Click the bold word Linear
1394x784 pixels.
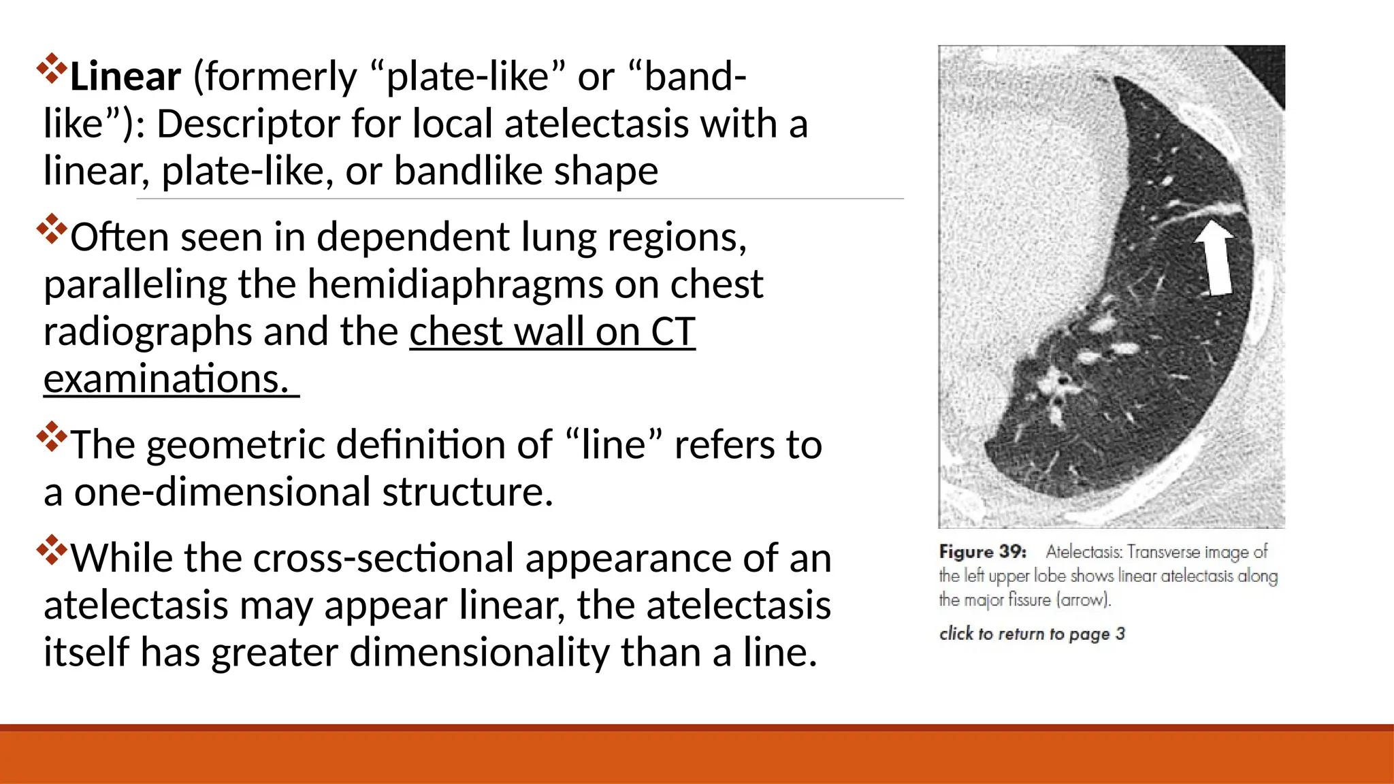click(125, 76)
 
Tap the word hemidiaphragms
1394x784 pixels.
click(455, 284)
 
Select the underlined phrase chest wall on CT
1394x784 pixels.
click(552, 332)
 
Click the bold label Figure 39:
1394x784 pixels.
click(983, 551)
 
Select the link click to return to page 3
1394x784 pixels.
click(1032, 634)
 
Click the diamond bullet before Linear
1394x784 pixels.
click(52, 69)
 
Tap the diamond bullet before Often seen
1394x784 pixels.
click(52, 229)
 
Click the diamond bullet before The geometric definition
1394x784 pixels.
click(52, 438)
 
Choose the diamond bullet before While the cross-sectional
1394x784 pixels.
click(52, 551)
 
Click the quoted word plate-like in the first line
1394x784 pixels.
click(468, 76)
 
